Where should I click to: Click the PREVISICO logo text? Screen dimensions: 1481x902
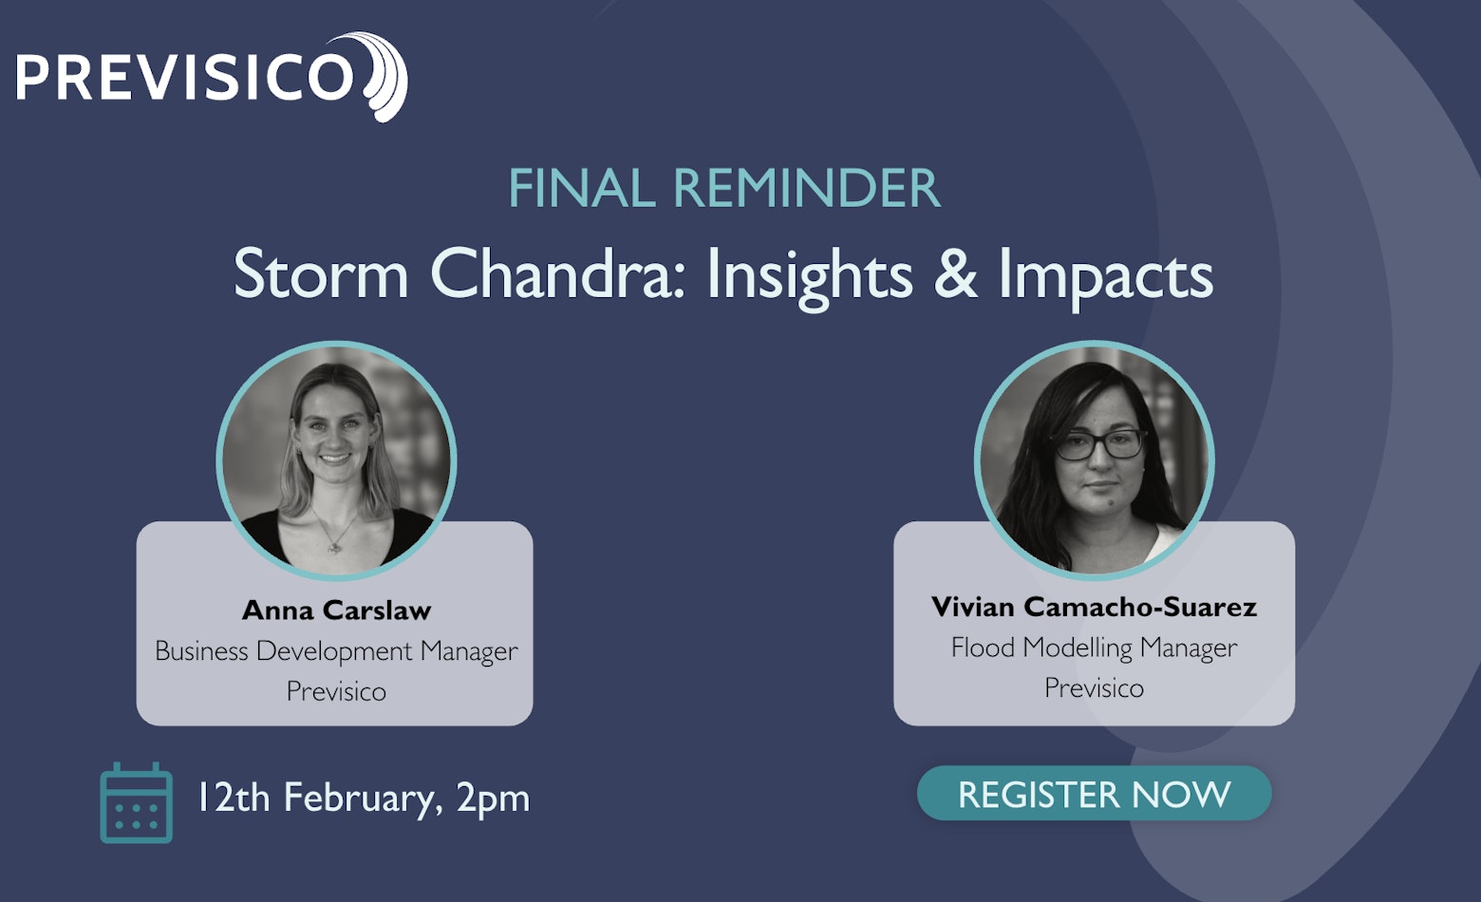click(x=185, y=77)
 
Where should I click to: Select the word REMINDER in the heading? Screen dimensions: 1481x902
click(x=807, y=188)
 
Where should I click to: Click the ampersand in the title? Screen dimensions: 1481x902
click(x=955, y=273)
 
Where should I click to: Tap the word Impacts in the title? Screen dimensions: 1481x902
click(x=1106, y=278)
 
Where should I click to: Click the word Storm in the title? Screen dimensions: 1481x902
click(x=321, y=273)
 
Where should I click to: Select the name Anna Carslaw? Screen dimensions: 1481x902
click(x=336, y=610)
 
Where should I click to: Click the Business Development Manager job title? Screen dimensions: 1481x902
click(x=336, y=651)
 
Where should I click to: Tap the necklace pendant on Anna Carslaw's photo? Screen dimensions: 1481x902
click(x=335, y=546)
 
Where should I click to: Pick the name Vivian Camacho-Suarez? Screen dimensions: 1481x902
click(x=1095, y=607)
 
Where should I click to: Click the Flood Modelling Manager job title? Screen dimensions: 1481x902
click(x=1095, y=648)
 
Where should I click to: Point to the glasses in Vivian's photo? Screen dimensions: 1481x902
click(x=1100, y=444)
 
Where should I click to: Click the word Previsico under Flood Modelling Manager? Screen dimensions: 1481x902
click(x=1095, y=688)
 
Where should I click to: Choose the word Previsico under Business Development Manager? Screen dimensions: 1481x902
click(x=336, y=692)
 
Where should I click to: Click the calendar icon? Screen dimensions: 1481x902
click(x=136, y=803)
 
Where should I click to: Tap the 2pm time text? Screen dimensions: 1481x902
click(x=494, y=799)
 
